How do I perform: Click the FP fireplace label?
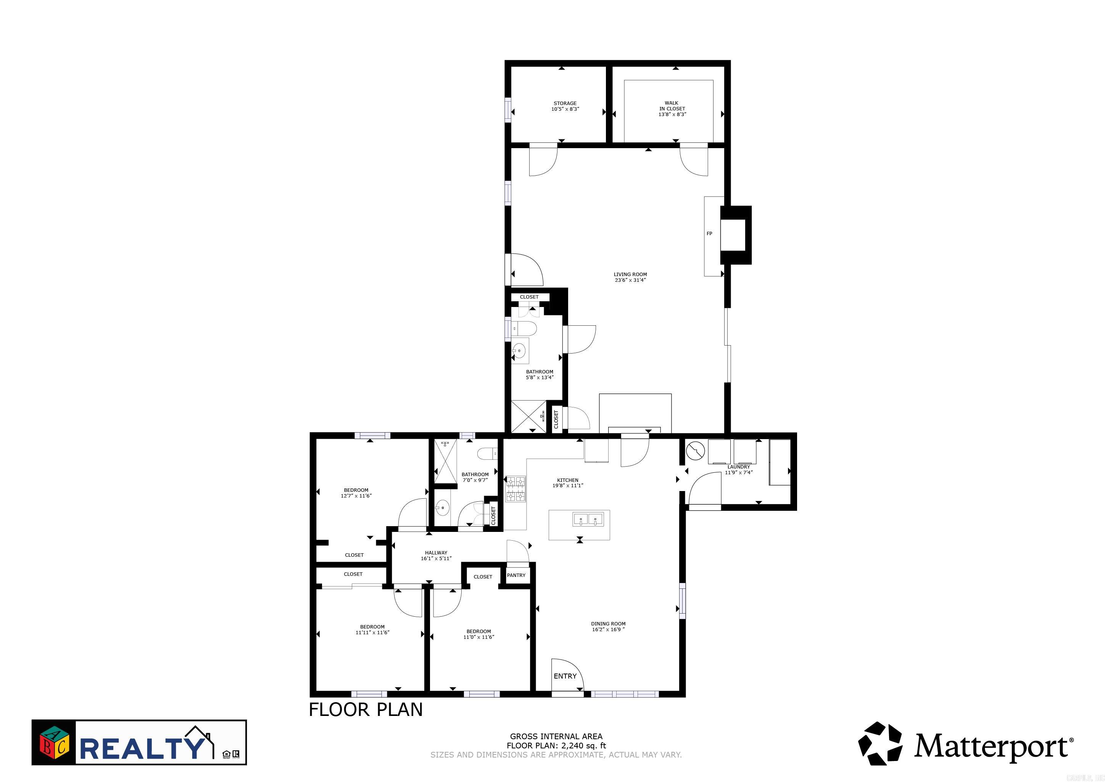(x=709, y=234)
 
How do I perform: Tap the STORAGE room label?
(x=565, y=103)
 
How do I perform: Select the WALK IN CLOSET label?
(x=672, y=106)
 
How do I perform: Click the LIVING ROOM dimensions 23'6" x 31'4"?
(x=630, y=280)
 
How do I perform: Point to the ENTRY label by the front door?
(x=565, y=677)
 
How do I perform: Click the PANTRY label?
(x=516, y=575)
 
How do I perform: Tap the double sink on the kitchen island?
(x=588, y=520)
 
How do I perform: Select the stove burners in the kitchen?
(x=515, y=489)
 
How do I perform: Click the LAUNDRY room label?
(x=738, y=467)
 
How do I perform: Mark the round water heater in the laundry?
(x=694, y=451)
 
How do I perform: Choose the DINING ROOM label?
(x=608, y=624)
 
